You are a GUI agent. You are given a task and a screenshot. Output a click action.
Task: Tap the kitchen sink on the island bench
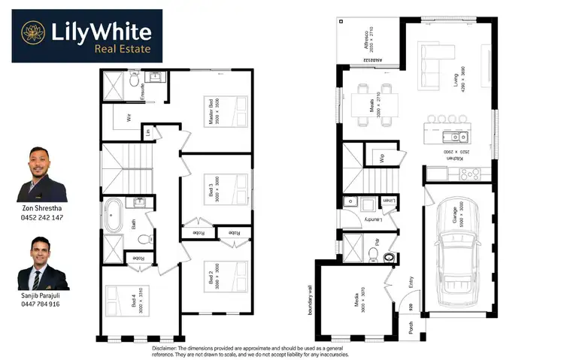coord(460,137)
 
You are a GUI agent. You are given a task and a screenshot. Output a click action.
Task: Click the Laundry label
coord(369,219)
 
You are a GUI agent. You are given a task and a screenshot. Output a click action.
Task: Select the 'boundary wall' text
coord(311,300)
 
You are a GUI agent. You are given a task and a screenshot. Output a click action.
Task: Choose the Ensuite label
coord(144,91)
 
